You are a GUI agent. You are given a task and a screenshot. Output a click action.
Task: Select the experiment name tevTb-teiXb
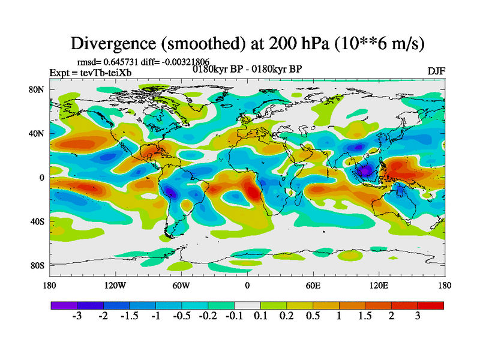click(106, 73)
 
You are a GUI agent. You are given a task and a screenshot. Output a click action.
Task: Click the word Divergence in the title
click(112, 43)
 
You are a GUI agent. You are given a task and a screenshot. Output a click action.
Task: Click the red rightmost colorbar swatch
click(431, 305)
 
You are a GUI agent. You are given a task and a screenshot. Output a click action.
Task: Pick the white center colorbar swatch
click(247, 305)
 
